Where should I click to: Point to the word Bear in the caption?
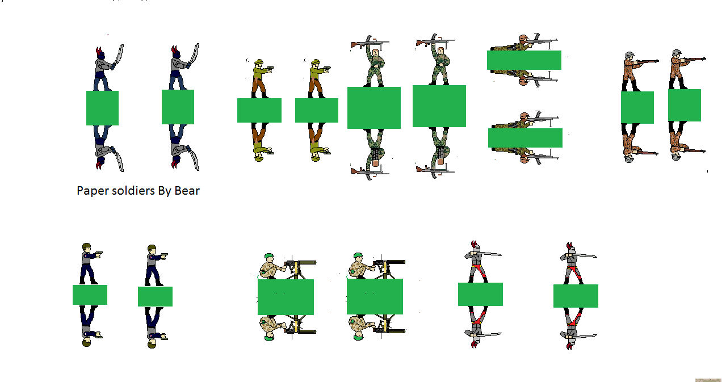tap(187, 191)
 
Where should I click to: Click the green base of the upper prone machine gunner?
tap(524, 60)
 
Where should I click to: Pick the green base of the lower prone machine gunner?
tap(525, 138)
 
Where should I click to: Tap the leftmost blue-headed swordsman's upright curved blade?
tap(118, 56)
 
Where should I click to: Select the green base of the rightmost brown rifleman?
tap(685, 106)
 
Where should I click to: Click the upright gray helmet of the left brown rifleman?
tap(630, 55)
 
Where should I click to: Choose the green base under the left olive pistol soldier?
tap(259, 110)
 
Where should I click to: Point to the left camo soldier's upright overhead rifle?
tap(370, 43)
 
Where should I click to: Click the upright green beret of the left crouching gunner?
tap(268, 257)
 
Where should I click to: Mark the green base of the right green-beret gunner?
tap(375, 296)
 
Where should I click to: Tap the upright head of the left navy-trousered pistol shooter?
tap(86, 247)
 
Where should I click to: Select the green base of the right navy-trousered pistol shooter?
tap(156, 296)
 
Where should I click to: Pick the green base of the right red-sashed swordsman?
tap(576, 296)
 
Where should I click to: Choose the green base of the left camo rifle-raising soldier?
tap(374, 108)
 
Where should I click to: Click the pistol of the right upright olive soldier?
tap(326, 69)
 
